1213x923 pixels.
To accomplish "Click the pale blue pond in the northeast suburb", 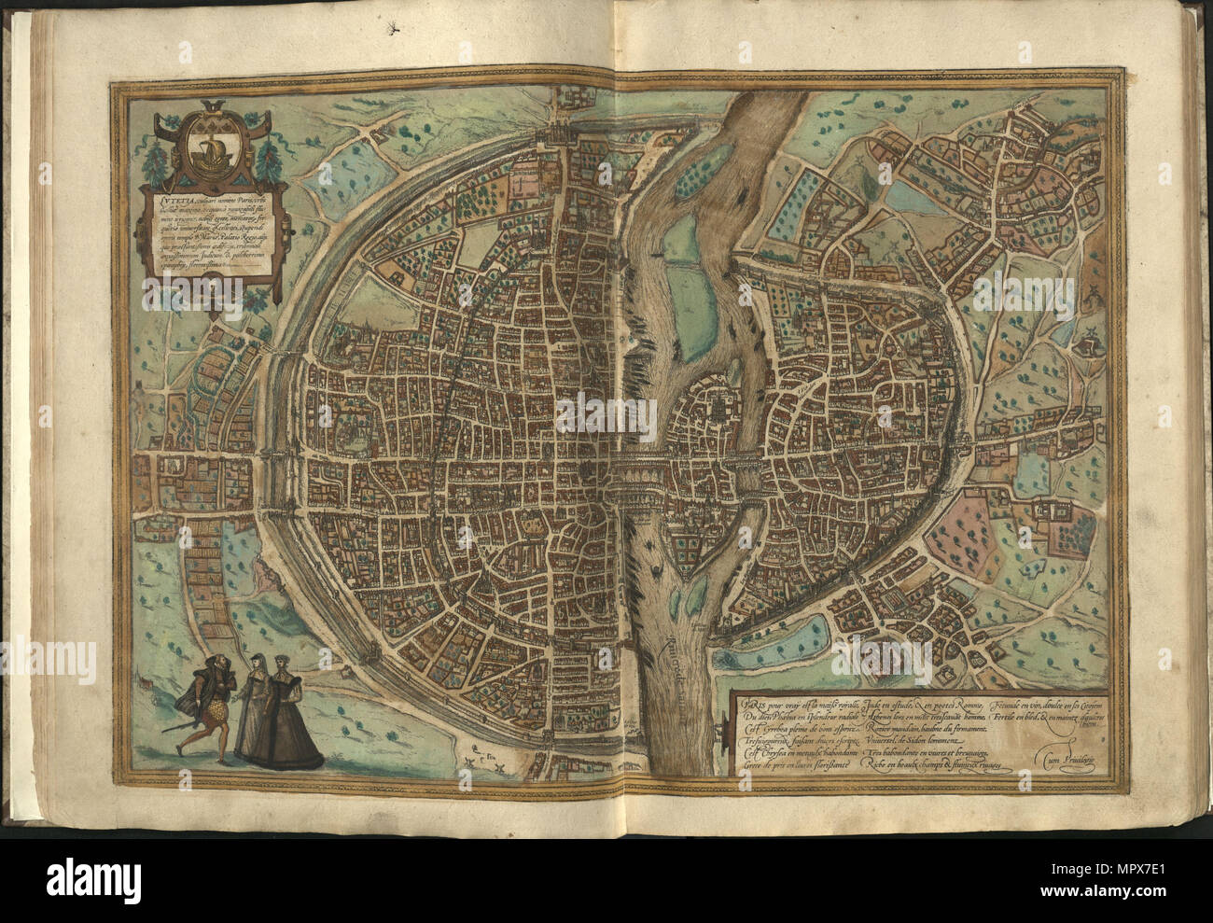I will [896, 196].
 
